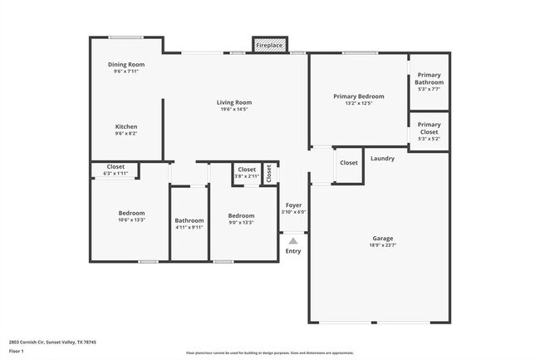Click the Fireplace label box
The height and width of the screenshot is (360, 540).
click(x=268, y=45)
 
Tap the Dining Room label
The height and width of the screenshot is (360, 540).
click(x=126, y=65)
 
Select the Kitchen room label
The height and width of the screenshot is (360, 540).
click(x=126, y=127)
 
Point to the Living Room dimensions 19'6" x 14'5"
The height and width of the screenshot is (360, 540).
click(x=235, y=109)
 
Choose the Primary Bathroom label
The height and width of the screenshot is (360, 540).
click(x=430, y=79)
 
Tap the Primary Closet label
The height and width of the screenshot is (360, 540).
click(x=430, y=128)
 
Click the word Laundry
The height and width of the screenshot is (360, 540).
click(x=382, y=159)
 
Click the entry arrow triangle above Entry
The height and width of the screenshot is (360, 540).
click(x=292, y=240)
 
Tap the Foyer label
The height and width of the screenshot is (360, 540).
click(x=293, y=205)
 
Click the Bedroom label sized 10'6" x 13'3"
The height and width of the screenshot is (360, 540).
click(x=131, y=214)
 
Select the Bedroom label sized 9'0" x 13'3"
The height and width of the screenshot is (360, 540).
click(x=242, y=216)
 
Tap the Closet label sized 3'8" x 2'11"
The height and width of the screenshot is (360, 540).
click(x=247, y=170)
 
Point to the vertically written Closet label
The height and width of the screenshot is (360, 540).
click(x=268, y=172)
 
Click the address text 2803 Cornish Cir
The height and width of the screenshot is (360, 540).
click(x=52, y=342)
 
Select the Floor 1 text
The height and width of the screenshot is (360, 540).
click(x=17, y=351)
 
